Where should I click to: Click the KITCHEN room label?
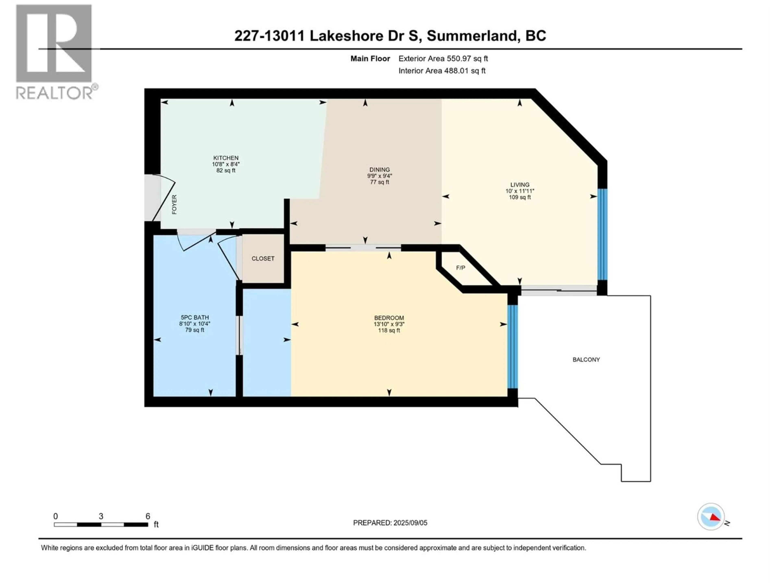[226, 158]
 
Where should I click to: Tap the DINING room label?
[380, 169]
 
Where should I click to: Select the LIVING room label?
[520, 184]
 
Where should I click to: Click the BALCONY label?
[586, 360]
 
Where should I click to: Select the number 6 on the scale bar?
[148, 516]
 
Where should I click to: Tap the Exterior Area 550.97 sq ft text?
[443, 59]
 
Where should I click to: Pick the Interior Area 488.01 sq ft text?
[442, 71]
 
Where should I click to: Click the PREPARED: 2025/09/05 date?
[390, 523]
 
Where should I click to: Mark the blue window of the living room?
[602, 235]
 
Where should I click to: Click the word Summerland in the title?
[472, 36]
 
